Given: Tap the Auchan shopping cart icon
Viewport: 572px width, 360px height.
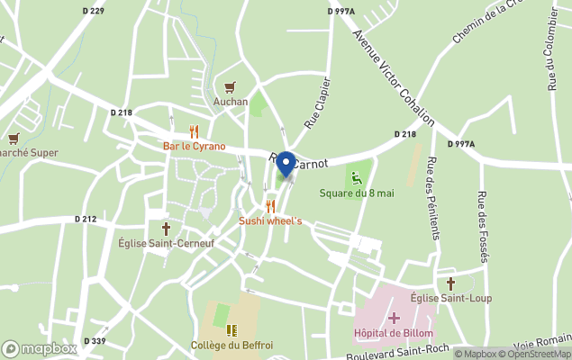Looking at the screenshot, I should click(x=231, y=87).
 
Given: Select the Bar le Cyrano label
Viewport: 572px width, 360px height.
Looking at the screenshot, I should click(x=194, y=146).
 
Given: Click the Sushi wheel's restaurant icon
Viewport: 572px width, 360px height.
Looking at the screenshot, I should click(x=270, y=206).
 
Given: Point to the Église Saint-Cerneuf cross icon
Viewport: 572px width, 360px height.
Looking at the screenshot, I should click(x=166, y=229).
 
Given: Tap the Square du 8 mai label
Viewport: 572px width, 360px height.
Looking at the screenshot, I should click(x=357, y=193).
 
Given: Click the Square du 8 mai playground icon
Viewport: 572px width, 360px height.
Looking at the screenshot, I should click(x=357, y=177).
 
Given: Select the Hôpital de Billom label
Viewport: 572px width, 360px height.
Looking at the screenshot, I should click(x=394, y=333).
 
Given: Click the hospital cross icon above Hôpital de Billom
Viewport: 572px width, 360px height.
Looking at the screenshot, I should click(x=394, y=318).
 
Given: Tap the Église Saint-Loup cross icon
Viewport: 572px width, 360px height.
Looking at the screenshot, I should click(x=450, y=283).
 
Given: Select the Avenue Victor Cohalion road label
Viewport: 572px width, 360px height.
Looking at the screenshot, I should click(x=394, y=78).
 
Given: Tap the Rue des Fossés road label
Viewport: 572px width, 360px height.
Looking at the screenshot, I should click(x=484, y=227).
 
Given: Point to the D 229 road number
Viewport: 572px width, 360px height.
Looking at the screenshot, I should click(x=94, y=11).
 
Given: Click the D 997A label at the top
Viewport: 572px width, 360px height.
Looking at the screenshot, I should click(x=340, y=11).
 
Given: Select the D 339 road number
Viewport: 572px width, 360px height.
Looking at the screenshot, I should click(x=95, y=341).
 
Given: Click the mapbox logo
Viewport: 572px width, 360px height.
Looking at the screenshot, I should click(x=39, y=348).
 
